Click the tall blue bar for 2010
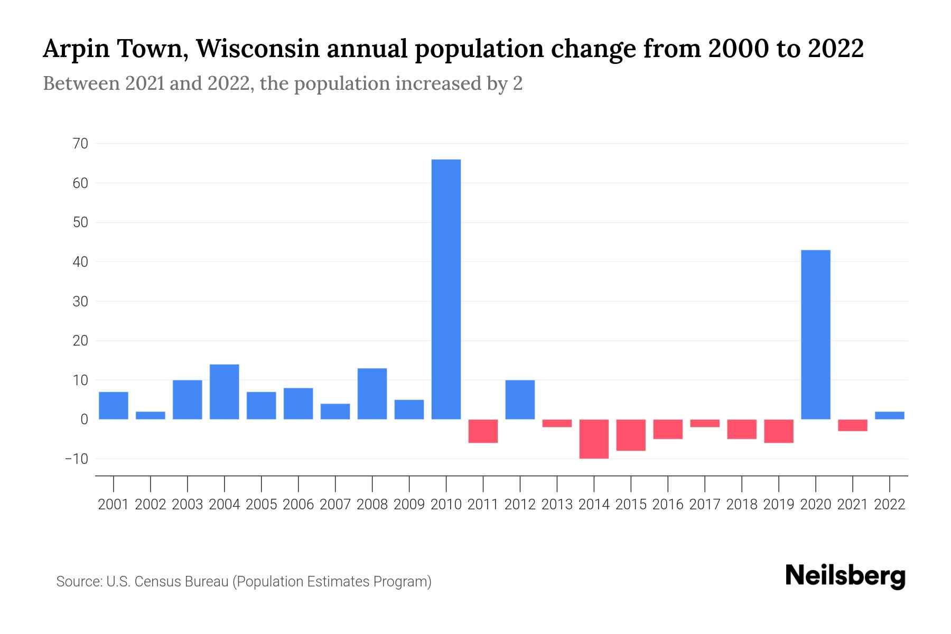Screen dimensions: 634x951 (x=446, y=289)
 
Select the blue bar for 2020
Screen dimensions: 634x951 (x=815, y=334)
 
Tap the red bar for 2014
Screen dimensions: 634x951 (x=594, y=439)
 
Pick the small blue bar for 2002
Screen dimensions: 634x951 (x=151, y=415)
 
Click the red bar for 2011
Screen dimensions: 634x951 (x=483, y=431)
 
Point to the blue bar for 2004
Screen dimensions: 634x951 (x=225, y=391)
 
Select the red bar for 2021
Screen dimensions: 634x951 (x=852, y=425)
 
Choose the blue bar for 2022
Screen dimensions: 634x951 (x=889, y=415)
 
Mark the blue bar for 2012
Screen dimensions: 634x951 (x=520, y=399)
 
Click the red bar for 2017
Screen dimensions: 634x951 (x=704, y=423)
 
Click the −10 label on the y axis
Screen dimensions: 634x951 (x=76, y=459)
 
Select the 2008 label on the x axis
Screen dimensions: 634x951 (x=372, y=505)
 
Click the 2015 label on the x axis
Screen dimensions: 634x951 (x=631, y=505)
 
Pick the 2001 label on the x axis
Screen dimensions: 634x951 (x=114, y=505)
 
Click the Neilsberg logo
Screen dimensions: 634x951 (x=845, y=576)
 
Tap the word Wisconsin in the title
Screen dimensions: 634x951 (x=258, y=49)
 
